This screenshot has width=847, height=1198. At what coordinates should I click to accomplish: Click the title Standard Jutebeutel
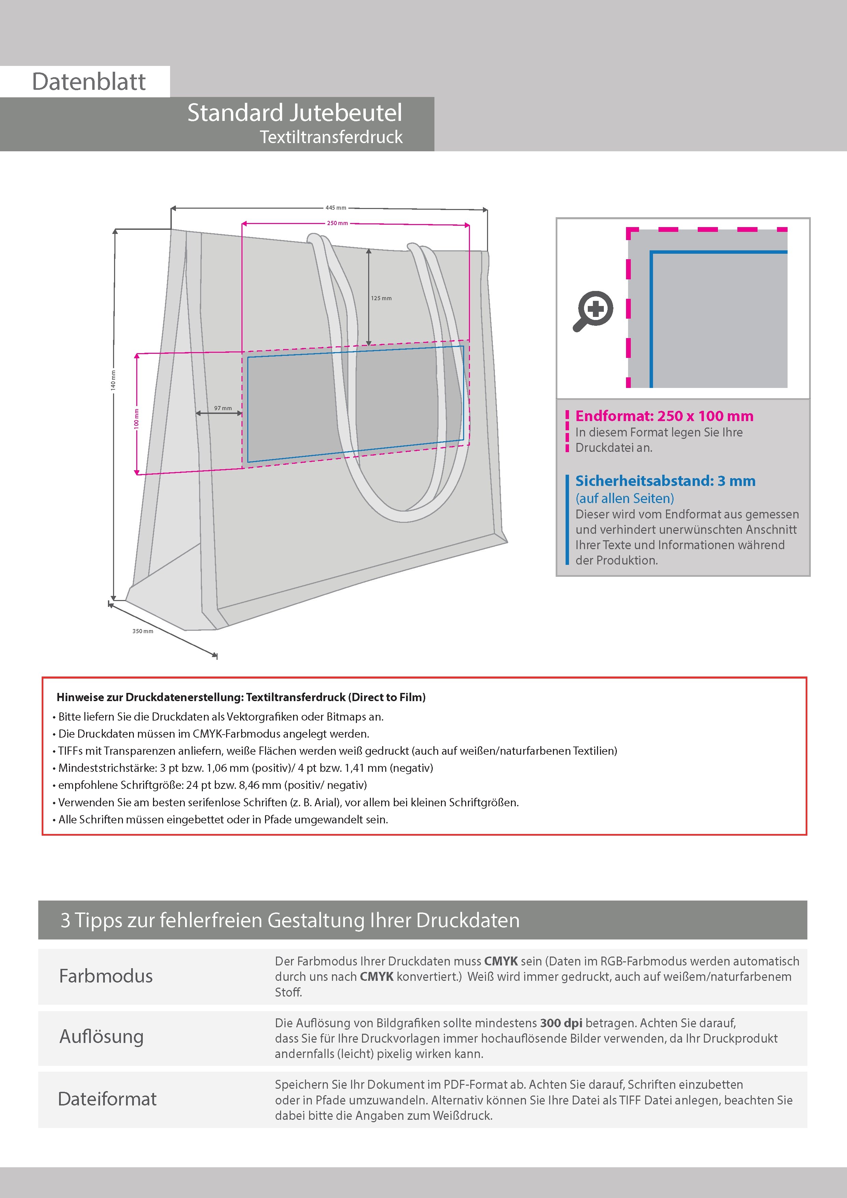[x=295, y=113]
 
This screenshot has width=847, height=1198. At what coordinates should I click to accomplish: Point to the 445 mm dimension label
[x=336, y=208]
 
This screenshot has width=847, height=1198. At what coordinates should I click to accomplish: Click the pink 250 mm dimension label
[x=337, y=223]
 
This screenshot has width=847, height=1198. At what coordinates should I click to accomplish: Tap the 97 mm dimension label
[x=223, y=408]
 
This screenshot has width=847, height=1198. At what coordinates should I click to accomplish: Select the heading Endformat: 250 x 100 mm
[x=664, y=416]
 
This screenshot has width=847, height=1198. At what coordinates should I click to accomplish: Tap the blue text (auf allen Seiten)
[x=624, y=498]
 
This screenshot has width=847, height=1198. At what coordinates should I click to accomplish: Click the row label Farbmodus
[x=106, y=976]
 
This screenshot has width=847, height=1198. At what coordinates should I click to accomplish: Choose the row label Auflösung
[x=102, y=1036]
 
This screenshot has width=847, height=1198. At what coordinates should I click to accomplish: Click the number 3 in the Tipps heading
[x=65, y=920]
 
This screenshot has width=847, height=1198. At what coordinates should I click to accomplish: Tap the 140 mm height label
[x=113, y=379]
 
